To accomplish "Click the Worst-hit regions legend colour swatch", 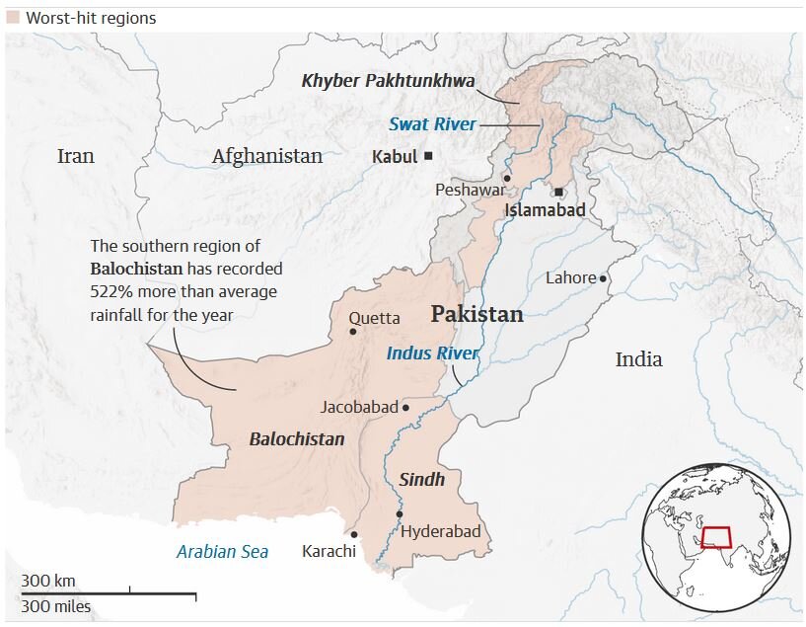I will point(12,18).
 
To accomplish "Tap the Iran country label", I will point(75,156).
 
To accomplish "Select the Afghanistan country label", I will point(266,156).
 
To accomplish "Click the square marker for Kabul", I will point(428,156).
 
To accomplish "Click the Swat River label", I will point(432,124).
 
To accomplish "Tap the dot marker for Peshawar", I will point(505,179).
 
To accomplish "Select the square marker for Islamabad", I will point(559,192).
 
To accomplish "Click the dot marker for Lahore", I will point(603,278).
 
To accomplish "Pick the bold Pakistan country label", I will point(476,315).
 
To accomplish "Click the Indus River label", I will point(432,353).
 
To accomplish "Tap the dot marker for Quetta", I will point(352,332).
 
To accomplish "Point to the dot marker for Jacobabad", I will point(405,407).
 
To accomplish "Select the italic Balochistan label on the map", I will point(297,439).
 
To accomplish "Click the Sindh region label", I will point(422,480).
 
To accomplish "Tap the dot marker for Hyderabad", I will point(399,513).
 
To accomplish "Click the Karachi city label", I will point(329,551).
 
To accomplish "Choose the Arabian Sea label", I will point(222,552).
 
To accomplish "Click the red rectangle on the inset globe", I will point(716,537).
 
